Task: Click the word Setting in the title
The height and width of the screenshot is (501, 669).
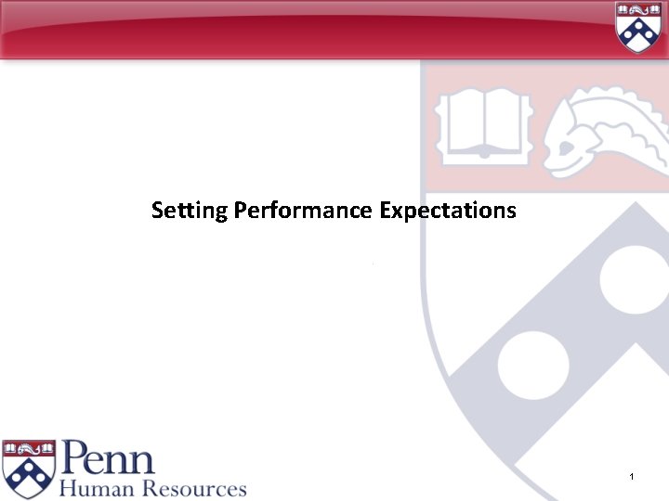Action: [x=190, y=211]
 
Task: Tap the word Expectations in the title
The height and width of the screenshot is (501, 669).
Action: [x=448, y=211]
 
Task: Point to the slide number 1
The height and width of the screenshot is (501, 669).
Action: [x=631, y=477]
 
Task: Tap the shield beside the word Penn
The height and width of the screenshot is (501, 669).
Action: [x=29, y=468]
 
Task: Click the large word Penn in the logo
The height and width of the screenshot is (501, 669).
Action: [x=109, y=458]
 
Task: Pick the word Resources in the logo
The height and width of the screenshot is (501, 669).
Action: [x=193, y=488]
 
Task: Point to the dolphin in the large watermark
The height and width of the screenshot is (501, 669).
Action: [x=604, y=130]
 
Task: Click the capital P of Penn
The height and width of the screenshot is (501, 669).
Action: [x=74, y=458]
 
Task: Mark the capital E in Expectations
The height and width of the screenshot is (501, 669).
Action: [x=385, y=211]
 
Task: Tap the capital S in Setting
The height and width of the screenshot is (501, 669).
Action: [x=158, y=211]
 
